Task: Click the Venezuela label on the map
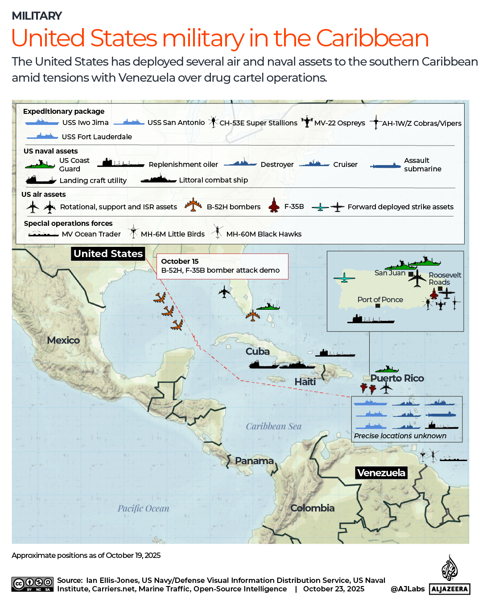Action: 381,473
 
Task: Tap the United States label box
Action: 108,254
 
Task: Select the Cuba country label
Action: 258,351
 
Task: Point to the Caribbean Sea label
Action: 274,426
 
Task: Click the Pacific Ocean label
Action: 144,508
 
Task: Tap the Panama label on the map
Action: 254,461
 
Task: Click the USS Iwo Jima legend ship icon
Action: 42,122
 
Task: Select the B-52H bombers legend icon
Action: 193,205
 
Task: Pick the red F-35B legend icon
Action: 274,206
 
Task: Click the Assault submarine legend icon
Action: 386,166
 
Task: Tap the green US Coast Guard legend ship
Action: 40,165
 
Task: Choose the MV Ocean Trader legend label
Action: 91,234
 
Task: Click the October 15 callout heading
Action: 180,261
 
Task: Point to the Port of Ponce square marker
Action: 378,306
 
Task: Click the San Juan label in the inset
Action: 390,273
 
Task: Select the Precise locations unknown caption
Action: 400,436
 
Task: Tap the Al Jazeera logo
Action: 449,576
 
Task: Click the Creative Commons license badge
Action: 33,584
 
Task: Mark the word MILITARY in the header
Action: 37,16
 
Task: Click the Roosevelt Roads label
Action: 445,279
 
